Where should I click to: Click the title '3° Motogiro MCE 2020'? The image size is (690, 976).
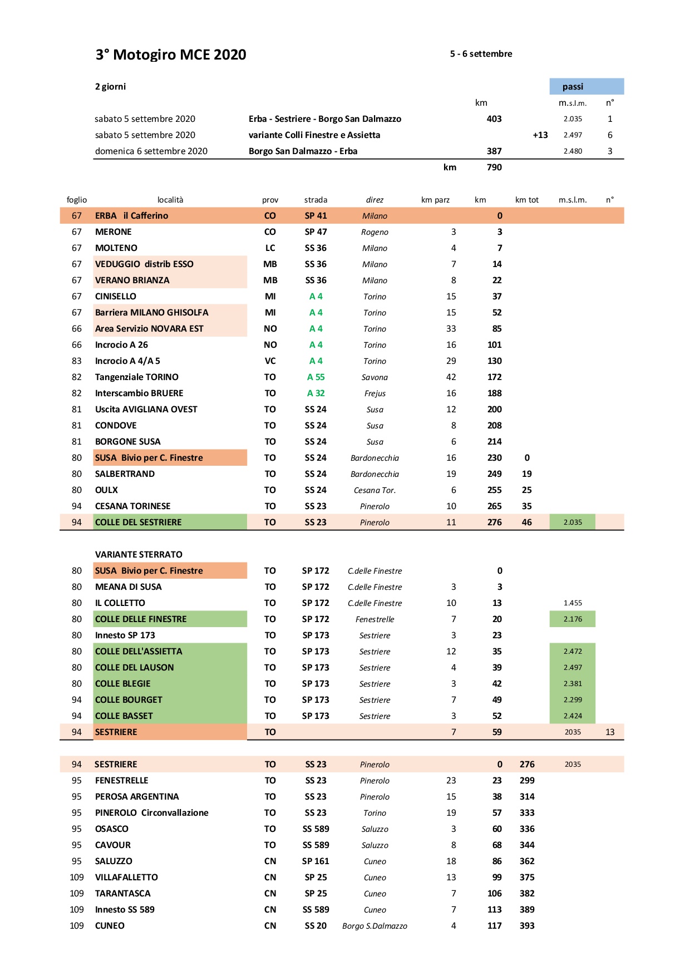(171, 55)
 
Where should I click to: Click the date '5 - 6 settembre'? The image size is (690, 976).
(481, 54)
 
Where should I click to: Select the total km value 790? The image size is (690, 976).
(494, 167)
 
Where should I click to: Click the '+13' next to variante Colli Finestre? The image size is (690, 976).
(540, 135)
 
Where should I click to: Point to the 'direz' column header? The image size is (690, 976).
(374, 200)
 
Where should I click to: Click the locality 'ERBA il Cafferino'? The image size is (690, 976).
(131, 215)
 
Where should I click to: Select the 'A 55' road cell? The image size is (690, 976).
(316, 377)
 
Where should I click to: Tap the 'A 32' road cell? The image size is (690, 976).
(316, 393)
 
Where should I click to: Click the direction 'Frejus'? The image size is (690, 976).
(374, 393)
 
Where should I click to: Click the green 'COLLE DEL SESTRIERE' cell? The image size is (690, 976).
(139, 522)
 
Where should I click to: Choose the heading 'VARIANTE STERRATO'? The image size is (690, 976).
(139, 554)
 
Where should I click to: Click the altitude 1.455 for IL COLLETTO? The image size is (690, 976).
(573, 603)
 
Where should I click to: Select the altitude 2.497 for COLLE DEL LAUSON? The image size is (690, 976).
(573, 667)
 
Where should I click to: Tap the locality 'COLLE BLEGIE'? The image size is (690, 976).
(123, 683)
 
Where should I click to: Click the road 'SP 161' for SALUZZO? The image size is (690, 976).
(316, 861)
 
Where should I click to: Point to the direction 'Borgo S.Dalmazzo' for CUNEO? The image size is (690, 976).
(374, 926)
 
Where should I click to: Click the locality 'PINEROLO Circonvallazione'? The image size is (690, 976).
(151, 812)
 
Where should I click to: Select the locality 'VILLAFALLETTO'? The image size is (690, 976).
(126, 877)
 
